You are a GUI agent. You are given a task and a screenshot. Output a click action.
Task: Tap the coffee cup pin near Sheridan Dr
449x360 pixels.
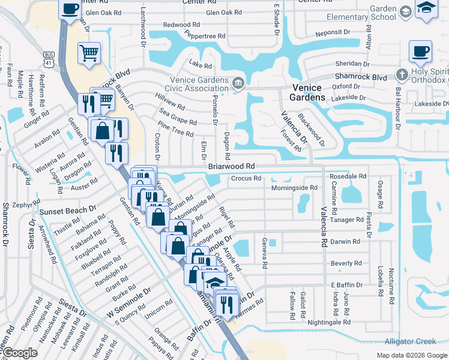420,52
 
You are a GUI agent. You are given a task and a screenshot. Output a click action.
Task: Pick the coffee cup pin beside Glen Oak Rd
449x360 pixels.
70,9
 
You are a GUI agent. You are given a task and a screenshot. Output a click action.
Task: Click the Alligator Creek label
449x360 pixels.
411,341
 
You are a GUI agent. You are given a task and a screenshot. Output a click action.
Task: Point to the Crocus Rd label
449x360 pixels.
246,178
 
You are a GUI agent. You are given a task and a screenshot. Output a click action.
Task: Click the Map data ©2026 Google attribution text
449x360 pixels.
411,355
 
